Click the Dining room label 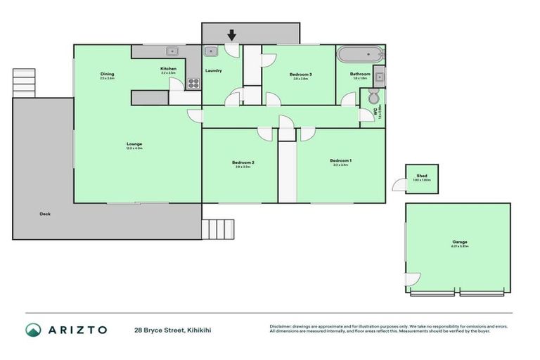pos(107,74)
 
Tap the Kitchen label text pos(167,68)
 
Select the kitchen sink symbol pos(171,51)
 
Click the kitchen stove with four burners pos(193,83)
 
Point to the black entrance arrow pos(231,34)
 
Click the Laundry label pos(213,71)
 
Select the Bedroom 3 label pos(300,75)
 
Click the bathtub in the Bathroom pos(360,54)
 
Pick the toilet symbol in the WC pos(373,97)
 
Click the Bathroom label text pos(361,74)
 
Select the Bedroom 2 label pos(243,162)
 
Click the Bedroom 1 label pos(340,161)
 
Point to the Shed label pos(422,176)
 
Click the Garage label pos(460,242)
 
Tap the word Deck pos(45,214)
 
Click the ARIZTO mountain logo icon pos(33,330)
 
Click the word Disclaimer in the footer pos(281,326)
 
